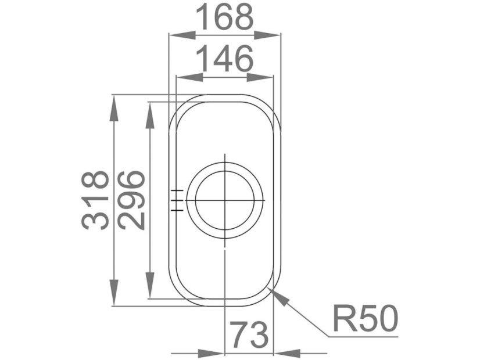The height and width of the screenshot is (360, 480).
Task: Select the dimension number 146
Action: tap(224, 59)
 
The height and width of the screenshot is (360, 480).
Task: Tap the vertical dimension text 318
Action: tap(95, 200)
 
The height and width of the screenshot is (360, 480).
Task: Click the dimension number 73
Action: tap(249, 335)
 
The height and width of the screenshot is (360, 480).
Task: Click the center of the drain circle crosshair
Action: tap(224, 200)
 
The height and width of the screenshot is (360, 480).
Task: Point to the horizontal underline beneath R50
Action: tap(363, 336)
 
